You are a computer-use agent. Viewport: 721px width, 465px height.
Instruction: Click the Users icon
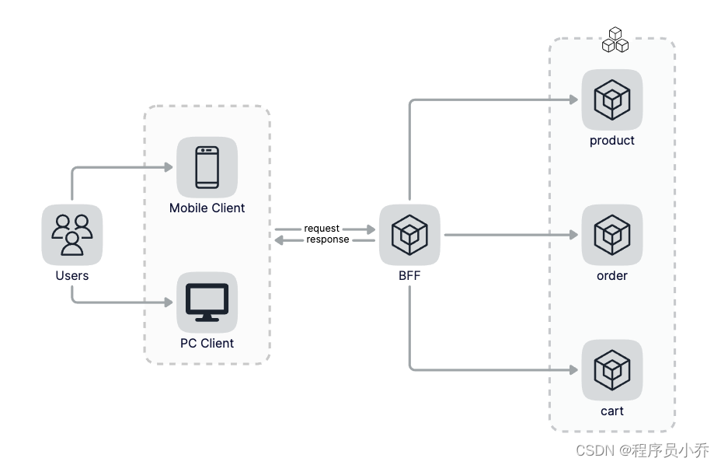(x=71, y=234)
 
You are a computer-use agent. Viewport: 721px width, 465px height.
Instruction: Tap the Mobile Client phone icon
(x=207, y=167)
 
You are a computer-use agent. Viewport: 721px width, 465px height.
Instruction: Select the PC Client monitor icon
(x=207, y=302)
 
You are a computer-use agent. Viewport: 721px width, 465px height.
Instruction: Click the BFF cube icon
(x=409, y=234)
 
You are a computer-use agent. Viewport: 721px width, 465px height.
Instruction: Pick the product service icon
(x=612, y=100)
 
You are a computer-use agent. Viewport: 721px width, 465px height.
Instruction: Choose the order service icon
(x=612, y=234)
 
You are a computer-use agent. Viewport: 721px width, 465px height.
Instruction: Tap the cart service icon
(x=612, y=369)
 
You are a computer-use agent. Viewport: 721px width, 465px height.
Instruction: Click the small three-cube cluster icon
(x=615, y=40)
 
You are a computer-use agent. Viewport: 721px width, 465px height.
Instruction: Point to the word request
(x=322, y=229)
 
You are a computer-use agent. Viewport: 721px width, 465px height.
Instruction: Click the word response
(x=327, y=239)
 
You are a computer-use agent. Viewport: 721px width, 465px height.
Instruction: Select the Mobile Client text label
(x=207, y=208)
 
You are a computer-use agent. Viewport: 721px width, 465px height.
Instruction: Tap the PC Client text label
(x=207, y=343)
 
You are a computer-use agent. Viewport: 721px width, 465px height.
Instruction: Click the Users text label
(x=71, y=276)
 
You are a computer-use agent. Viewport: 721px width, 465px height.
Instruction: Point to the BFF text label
(x=409, y=276)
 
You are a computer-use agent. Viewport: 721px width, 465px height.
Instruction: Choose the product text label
(x=612, y=141)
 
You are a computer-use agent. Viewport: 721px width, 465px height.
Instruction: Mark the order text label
(x=612, y=276)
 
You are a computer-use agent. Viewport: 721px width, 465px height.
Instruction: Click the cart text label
(x=612, y=411)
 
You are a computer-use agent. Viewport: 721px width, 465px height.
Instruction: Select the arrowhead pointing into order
(x=573, y=235)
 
